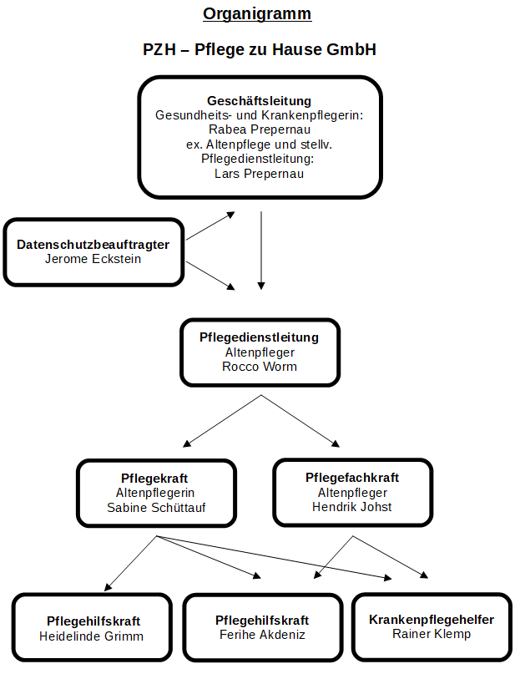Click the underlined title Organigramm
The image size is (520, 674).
[x=257, y=14]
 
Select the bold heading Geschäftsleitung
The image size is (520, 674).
[x=259, y=101]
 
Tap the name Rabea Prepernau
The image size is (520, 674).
[x=259, y=129]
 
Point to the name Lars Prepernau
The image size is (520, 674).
[x=259, y=174]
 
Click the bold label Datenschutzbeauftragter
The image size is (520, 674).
[x=93, y=245]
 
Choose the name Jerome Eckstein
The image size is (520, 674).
[x=93, y=259]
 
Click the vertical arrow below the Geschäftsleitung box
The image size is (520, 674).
[x=261, y=251]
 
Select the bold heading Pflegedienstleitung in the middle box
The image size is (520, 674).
[x=259, y=337]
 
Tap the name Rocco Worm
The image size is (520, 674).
[x=259, y=367]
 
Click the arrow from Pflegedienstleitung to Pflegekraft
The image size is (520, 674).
[x=222, y=421]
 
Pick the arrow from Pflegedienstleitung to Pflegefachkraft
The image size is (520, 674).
[x=300, y=421]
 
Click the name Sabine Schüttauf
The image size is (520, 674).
[x=156, y=508]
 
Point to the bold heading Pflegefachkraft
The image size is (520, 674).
[x=352, y=478]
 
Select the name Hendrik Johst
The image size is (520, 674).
[x=352, y=507]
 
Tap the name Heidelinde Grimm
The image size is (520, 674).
[x=91, y=636]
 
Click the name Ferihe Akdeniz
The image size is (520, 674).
[x=262, y=635]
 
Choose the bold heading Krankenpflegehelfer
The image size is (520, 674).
[x=432, y=620]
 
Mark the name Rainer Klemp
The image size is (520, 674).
[x=432, y=634]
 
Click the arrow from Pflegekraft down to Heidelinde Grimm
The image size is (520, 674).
[x=131, y=563]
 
